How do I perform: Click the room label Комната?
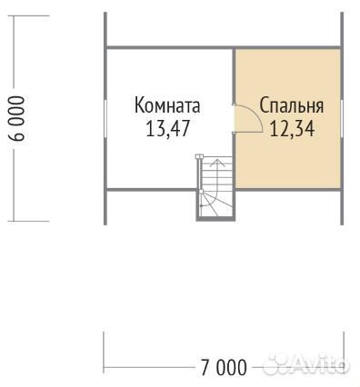coord(167,105)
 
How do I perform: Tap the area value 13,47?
coord(167,128)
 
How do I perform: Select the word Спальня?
coord(292,105)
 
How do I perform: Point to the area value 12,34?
coord(292,128)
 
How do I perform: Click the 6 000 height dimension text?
coord(16,118)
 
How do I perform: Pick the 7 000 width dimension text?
coord(224,368)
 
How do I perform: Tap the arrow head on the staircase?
coord(218,162)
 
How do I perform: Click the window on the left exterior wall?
coord(105,120)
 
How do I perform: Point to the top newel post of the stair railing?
coord(199,156)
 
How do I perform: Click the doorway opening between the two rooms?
coord(234,118)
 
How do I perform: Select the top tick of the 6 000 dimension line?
coord(28,15)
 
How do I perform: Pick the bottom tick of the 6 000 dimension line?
coord(28,221)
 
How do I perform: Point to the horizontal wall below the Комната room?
coord(151,190)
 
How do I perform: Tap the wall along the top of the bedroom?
coord(288,47)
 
